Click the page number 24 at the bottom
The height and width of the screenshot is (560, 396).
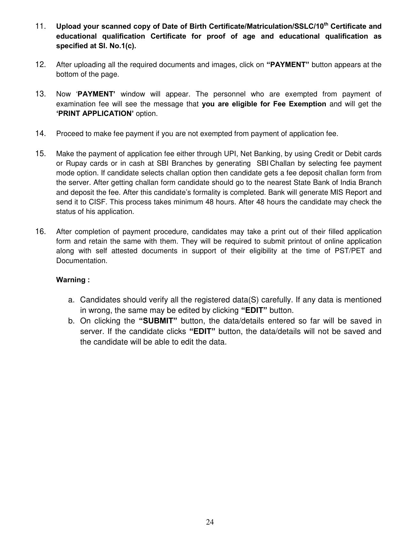210,522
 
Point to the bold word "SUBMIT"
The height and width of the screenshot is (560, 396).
158,321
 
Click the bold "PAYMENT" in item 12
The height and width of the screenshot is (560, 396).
288,65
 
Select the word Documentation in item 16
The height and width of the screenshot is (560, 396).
82,261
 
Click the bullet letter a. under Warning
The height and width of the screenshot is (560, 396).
71,300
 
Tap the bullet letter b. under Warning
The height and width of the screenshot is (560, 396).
71,321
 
